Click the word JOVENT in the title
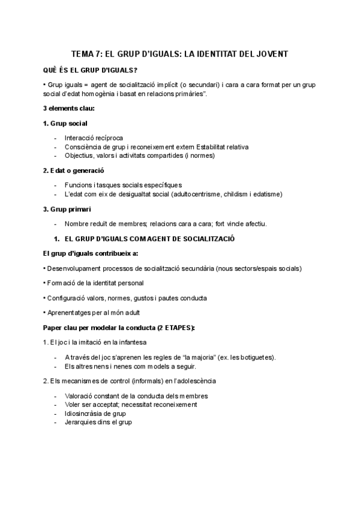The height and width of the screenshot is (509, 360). click(x=272, y=54)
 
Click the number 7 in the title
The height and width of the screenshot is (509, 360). click(x=98, y=54)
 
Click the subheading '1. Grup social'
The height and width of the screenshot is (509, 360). click(x=65, y=123)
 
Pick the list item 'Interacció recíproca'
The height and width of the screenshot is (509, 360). click(x=93, y=137)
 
